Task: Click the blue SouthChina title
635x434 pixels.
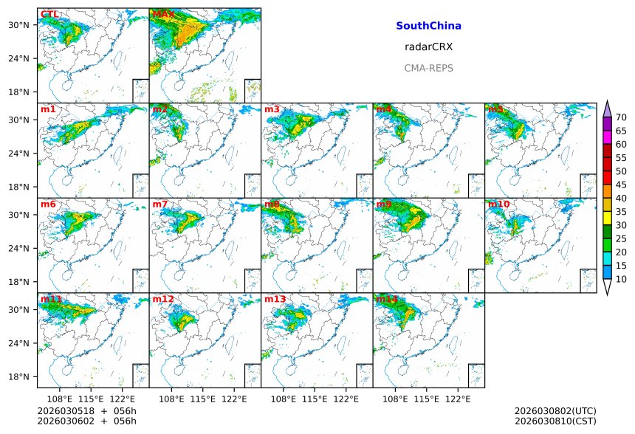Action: tap(428, 26)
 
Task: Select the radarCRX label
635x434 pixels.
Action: tap(428, 46)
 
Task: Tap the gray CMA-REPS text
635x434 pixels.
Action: tap(428, 68)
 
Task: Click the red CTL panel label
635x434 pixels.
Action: tap(49, 15)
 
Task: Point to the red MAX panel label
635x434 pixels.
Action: tap(163, 15)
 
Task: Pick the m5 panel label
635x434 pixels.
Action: tap(495, 110)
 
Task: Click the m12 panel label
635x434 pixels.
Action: tap(163, 299)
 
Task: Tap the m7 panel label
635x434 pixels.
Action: tap(160, 204)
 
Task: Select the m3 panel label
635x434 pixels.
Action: tap(272, 110)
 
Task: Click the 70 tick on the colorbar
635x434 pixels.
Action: tap(621, 117)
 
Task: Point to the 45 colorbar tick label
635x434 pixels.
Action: tap(621, 185)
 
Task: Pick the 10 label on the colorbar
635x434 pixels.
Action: tap(621, 279)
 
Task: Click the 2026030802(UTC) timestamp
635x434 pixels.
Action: tap(555, 411)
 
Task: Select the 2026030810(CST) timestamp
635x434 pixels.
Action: tap(555, 421)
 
